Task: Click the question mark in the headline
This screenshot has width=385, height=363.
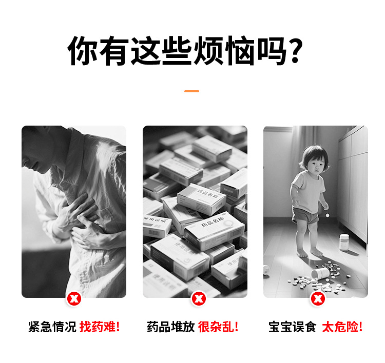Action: (294, 51)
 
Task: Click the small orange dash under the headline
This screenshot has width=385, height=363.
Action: (191, 91)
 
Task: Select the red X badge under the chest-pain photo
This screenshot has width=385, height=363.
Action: (74, 298)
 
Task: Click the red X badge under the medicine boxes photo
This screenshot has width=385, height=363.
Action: (199, 298)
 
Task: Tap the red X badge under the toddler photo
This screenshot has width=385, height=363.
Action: (318, 298)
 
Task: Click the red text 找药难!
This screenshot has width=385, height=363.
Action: (100, 327)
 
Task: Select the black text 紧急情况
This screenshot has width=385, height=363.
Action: (52, 327)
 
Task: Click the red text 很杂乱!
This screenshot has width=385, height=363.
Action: (218, 327)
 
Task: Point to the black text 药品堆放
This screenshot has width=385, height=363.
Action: (170, 327)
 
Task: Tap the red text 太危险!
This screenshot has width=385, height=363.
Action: (342, 327)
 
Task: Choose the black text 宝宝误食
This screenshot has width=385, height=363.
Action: (292, 327)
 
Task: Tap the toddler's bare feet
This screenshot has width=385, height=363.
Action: (310, 253)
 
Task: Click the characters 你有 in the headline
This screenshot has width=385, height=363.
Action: (98, 51)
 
